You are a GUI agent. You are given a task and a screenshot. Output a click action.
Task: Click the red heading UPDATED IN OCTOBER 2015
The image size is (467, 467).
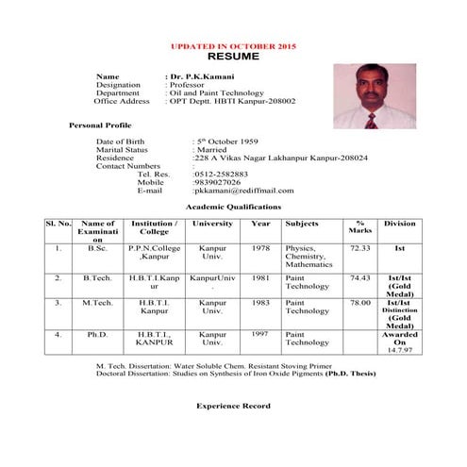coord(233,46)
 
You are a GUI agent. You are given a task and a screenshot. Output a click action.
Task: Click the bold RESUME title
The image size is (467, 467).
coord(233,57)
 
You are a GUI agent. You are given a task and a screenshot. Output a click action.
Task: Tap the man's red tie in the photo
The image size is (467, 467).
coord(372,118)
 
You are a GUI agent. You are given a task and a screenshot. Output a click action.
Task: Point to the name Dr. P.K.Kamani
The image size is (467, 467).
coord(200,75)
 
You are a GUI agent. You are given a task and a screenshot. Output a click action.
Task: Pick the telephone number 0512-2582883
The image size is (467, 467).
coord(220,174)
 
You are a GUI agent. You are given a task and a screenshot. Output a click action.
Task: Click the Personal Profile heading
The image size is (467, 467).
coord(100,125)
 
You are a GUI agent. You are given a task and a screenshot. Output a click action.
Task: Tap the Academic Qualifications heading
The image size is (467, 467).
coord(233,206)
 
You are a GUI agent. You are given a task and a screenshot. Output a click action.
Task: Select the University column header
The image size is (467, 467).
coord(212,224)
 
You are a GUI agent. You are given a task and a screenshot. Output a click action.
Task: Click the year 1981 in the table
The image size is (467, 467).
coord(260,278)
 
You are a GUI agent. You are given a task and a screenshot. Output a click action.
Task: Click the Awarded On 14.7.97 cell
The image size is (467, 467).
coord(399,342)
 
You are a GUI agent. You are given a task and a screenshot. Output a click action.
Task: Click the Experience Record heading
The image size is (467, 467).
coord(233,406)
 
